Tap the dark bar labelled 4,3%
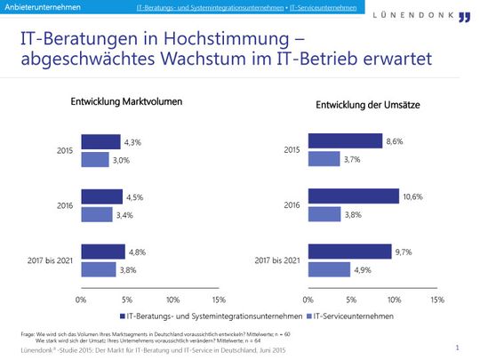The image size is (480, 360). click(100, 141)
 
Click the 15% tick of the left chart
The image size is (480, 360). click(219, 300)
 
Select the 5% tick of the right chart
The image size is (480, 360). click(351, 300)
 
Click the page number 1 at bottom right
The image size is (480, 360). click(456, 348)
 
